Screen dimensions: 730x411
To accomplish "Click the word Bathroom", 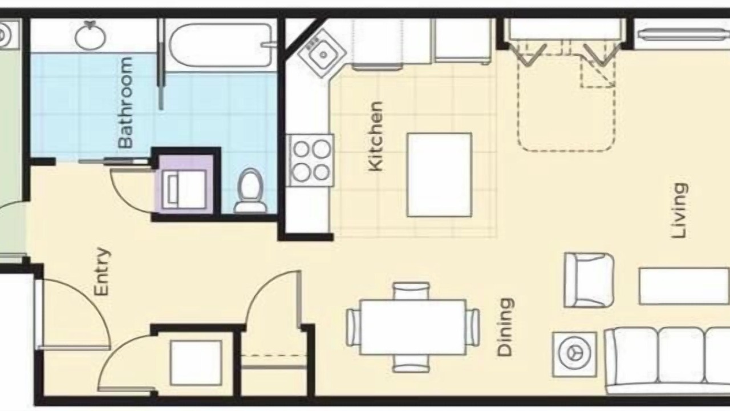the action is point(126,103).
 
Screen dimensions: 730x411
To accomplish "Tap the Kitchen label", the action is point(375,136).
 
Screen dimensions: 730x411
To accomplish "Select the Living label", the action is point(680,211).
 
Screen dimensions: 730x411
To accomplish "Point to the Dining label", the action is point(505,327).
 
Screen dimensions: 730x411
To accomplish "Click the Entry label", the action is point(102,272).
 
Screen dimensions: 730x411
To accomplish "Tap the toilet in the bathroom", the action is point(250,191).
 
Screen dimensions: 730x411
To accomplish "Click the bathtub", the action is point(221,45).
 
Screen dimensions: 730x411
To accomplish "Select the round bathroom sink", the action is point(90,36).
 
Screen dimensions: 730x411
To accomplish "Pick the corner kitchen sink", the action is point(322,54).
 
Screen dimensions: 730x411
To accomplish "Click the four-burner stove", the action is point(310,160).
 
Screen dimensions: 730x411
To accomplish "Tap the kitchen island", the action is point(439,175).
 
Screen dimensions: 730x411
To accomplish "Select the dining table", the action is point(413,327).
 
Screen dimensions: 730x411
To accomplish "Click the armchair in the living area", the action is point(589,280).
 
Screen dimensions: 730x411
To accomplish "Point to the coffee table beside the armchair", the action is point(684,287).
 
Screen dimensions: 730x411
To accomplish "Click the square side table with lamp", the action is point(575,354).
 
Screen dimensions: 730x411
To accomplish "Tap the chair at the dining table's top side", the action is point(411,291).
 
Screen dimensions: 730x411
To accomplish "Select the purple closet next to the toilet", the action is point(186,184).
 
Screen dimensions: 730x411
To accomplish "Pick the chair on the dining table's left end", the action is point(353,327).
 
